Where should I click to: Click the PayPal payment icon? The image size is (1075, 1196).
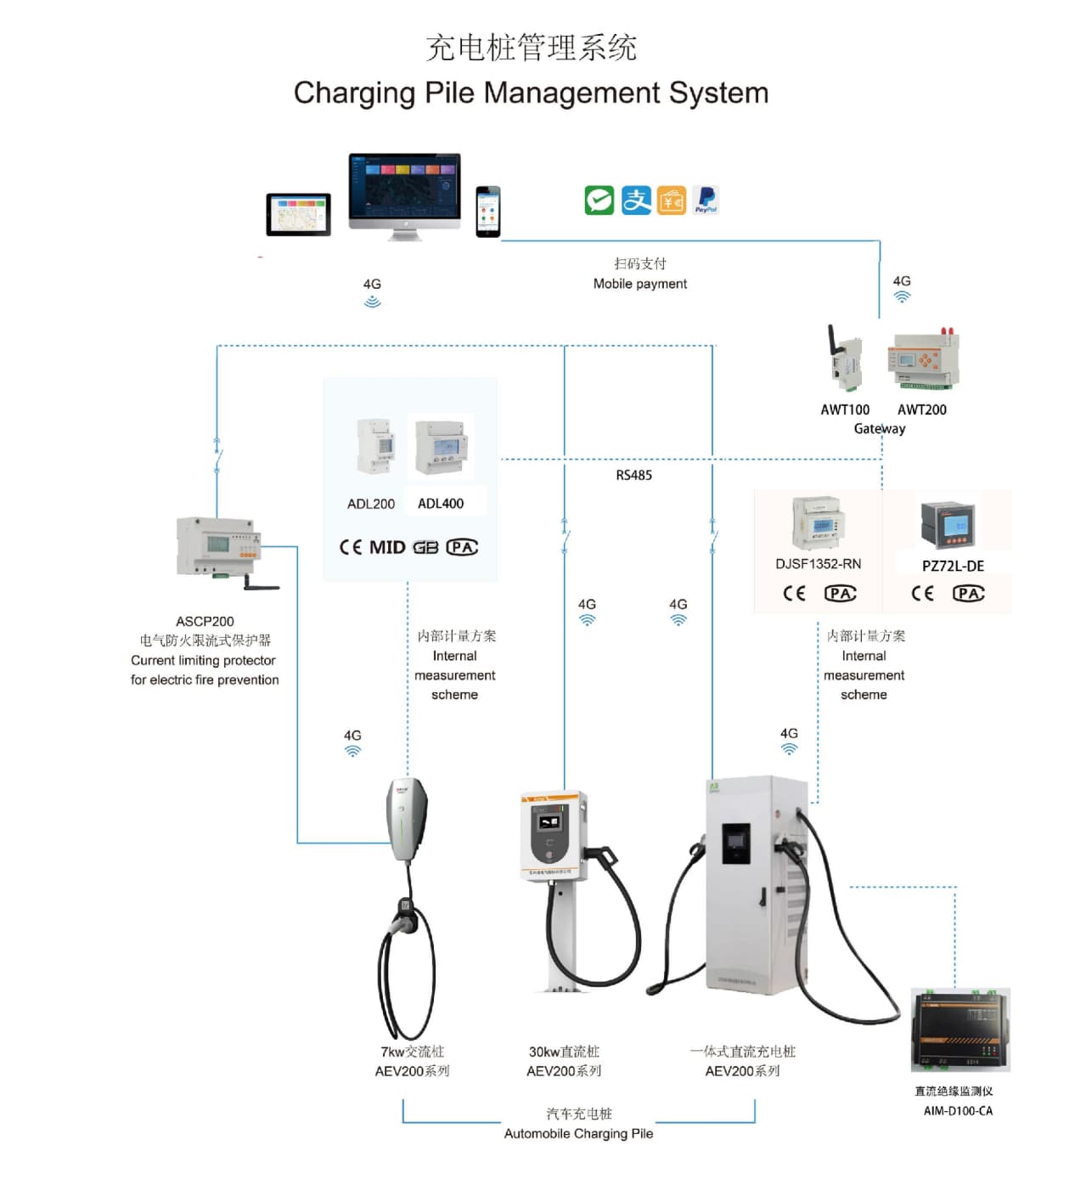coord(706,200)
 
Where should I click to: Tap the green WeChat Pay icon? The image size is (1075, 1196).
coord(599,200)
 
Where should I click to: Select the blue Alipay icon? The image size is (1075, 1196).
coord(636,200)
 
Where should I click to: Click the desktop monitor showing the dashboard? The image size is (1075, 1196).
coord(404,189)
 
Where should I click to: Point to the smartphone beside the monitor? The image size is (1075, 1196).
coord(487,212)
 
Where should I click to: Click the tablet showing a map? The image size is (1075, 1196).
coord(298,214)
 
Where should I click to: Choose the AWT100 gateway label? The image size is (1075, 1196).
coord(844,409)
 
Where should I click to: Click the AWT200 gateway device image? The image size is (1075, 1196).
coord(923,359)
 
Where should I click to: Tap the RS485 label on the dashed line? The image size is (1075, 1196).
coord(633,475)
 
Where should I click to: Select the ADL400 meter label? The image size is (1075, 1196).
coord(441,504)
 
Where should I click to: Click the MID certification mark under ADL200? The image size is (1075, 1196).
coord(386,547)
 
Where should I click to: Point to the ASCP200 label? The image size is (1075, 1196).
coord(205,622)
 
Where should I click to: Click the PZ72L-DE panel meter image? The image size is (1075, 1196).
coord(948,525)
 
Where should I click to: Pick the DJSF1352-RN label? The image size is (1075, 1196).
coord(818,564)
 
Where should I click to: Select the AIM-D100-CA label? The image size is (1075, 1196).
coord(958,1111)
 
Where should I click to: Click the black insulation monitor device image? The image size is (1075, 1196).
coord(960,1030)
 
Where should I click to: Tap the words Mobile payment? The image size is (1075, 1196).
coord(639,284)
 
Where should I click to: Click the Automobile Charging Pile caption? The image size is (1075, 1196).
coord(578,1133)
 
